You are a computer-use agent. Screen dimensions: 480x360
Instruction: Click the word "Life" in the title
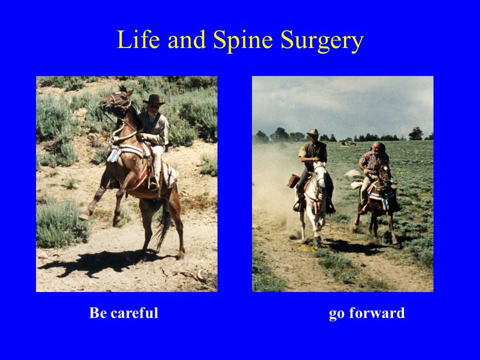(138, 39)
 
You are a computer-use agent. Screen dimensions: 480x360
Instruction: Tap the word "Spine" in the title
(243, 40)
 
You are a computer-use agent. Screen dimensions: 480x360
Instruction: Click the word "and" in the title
(186, 39)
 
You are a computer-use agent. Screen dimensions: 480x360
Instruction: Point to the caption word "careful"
(134, 313)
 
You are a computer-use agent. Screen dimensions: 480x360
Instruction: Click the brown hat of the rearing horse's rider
(154, 99)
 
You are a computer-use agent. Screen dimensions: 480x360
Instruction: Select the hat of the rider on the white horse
(313, 132)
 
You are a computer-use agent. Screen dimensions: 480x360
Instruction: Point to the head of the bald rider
(378, 147)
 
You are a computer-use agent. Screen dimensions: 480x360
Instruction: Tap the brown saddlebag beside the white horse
(293, 181)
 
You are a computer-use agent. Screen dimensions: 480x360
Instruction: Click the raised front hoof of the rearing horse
(83, 214)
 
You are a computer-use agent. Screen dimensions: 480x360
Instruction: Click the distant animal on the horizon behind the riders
(348, 142)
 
